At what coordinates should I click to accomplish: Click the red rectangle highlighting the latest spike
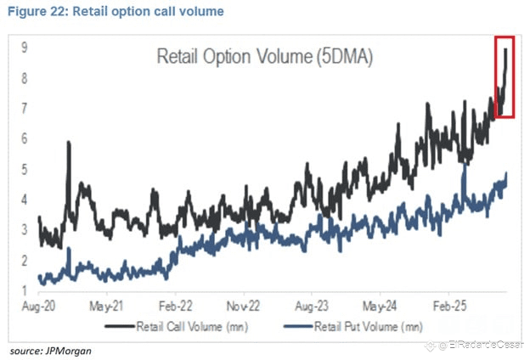coord(505,76)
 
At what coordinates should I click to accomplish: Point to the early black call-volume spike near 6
coord(67,143)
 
